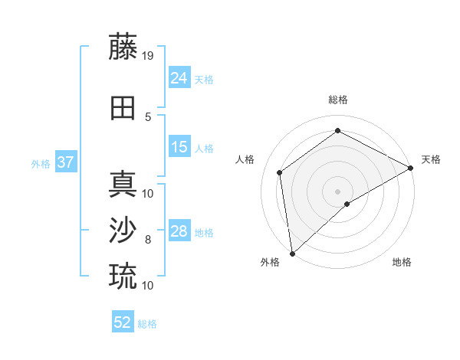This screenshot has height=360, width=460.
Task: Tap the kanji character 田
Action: (x=123, y=108)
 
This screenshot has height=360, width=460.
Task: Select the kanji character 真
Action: (x=123, y=184)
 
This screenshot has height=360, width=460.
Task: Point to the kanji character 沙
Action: (x=123, y=231)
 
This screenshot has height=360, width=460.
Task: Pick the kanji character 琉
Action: (x=123, y=276)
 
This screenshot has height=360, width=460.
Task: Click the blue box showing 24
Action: (x=179, y=78)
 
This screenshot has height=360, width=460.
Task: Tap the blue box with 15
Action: (x=179, y=147)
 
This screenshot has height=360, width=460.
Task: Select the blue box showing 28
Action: (x=179, y=231)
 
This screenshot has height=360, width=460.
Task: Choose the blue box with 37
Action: (x=65, y=162)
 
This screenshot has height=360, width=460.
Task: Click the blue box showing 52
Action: (x=123, y=322)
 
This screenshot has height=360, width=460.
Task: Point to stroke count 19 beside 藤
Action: (x=148, y=55)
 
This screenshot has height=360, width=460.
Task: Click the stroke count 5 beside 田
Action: (x=148, y=116)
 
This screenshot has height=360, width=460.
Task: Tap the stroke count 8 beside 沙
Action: (x=148, y=240)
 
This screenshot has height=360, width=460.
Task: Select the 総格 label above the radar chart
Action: (x=337, y=100)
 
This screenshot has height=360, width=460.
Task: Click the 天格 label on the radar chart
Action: (x=431, y=159)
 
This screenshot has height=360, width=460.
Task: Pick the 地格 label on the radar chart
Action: (x=402, y=262)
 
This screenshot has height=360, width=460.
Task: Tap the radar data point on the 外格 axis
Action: (x=292, y=253)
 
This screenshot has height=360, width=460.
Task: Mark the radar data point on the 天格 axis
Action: (x=411, y=167)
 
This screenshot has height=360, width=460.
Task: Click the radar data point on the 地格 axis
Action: (x=347, y=204)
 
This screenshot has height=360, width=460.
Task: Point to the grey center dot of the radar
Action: (x=337, y=190)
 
